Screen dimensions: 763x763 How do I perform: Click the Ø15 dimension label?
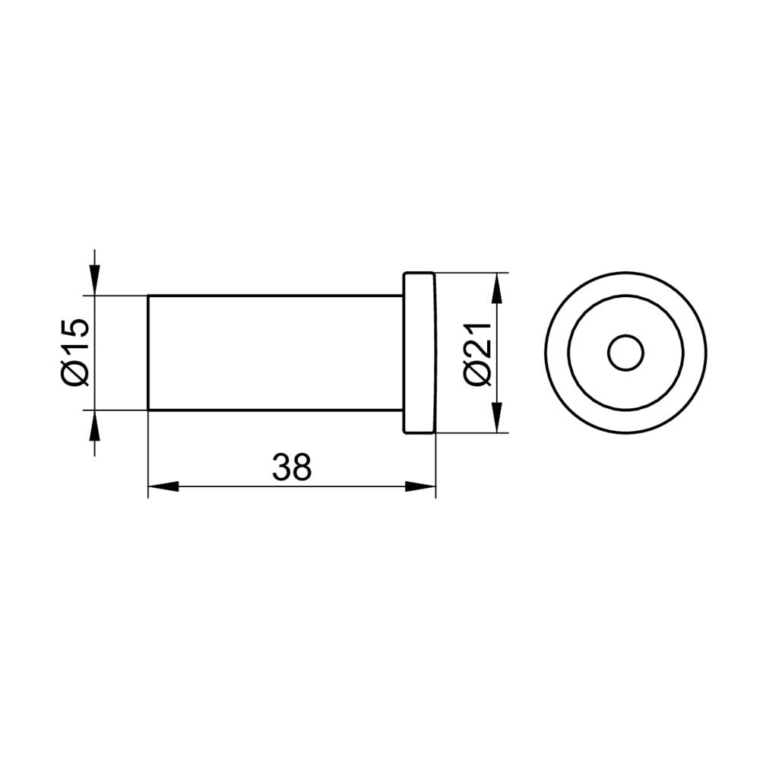(x=76, y=352)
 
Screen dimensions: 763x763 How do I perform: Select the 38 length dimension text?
(x=292, y=467)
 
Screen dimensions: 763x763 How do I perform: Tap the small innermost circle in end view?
(x=625, y=353)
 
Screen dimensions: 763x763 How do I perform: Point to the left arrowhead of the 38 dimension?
(x=163, y=486)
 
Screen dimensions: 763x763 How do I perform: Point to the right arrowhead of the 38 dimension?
(x=420, y=486)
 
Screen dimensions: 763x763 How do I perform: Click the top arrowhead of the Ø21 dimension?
(x=497, y=289)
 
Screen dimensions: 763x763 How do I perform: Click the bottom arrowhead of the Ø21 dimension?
(x=497, y=416)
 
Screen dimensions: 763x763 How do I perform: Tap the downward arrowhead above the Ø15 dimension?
(x=94, y=280)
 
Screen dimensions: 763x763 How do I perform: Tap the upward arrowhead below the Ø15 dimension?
(x=94, y=426)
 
